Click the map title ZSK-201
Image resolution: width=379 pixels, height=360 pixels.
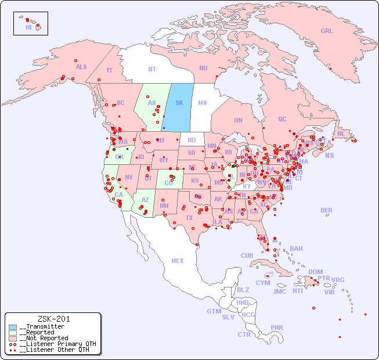[53, 319]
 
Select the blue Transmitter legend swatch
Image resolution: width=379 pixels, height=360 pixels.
[13, 327]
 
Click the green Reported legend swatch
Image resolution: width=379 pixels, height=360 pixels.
[13, 333]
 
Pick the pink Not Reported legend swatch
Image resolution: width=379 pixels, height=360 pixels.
[13, 338]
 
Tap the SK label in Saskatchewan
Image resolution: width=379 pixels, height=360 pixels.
[179, 103]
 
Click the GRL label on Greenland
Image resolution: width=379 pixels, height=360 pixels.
[327, 31]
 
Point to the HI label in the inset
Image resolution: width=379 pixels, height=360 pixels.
[28, 27]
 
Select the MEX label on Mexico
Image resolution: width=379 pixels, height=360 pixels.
[177, 261]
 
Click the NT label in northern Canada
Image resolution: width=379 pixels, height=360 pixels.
[152, 69]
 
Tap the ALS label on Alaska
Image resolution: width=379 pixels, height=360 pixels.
[81, 67]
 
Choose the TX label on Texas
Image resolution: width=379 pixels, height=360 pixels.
[189, 218]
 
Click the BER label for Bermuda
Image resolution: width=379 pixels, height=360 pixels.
[326, 210]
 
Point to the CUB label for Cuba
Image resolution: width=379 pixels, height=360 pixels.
[247, 255]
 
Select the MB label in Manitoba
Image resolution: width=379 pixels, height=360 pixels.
[203, 103]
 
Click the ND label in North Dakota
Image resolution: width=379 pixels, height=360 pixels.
[192, 140]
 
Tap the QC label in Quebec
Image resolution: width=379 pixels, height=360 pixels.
[282, 119]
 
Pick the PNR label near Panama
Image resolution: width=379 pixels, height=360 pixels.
[277, 327]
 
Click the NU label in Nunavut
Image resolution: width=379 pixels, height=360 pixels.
[203, 68]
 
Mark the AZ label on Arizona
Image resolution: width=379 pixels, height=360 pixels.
[145, 200]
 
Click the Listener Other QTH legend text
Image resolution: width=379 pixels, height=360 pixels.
[55, 350]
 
